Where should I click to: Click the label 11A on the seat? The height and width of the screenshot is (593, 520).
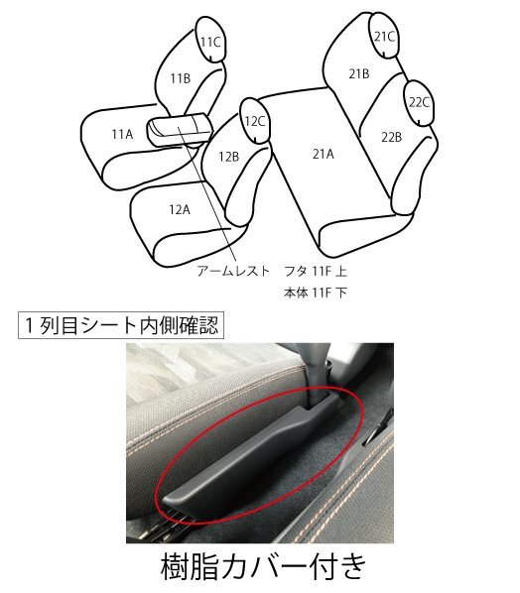click(x=122, y=133)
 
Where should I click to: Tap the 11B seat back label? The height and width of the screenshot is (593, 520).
click(x=180, y=78)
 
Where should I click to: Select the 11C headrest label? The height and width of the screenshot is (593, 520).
click(x=209, y=42)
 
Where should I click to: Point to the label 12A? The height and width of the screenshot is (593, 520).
click(x=179, y=209)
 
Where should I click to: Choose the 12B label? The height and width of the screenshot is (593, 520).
click(x=229, y=156)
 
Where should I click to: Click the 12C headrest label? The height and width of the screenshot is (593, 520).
click(x=255, y=122)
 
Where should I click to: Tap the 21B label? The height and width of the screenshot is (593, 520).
click(x=358, y=73)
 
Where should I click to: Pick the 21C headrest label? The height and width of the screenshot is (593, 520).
click(x=384, y=37)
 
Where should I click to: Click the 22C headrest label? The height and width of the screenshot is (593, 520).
click(x=418, y=101)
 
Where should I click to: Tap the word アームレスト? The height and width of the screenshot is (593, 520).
click(x=232, y=270)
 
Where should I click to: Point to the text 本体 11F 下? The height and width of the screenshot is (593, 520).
click(x=314, y=293)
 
